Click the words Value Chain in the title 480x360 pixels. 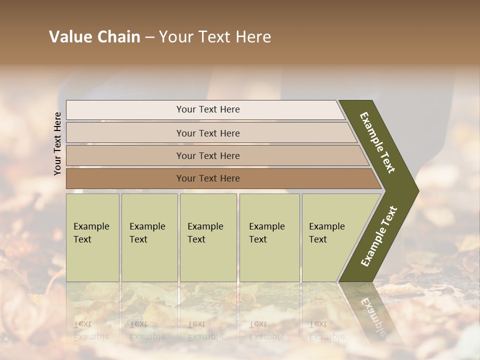coord(94,37)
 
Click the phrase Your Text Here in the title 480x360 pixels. coord(215,37)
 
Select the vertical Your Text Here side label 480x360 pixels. coord(58,143)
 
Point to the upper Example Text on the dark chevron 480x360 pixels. coord(377,142)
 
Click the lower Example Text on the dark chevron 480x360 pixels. coord(378,236)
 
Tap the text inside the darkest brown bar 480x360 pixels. coord(208,178)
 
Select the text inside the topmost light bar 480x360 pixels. coord(208,109)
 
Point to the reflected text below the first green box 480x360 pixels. coord(91,330)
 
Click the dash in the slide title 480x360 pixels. coord(149,37)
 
